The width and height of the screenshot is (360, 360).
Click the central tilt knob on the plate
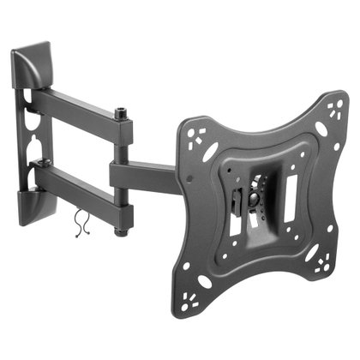(254, 201)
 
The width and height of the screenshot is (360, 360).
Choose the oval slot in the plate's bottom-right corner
(309, 257)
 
